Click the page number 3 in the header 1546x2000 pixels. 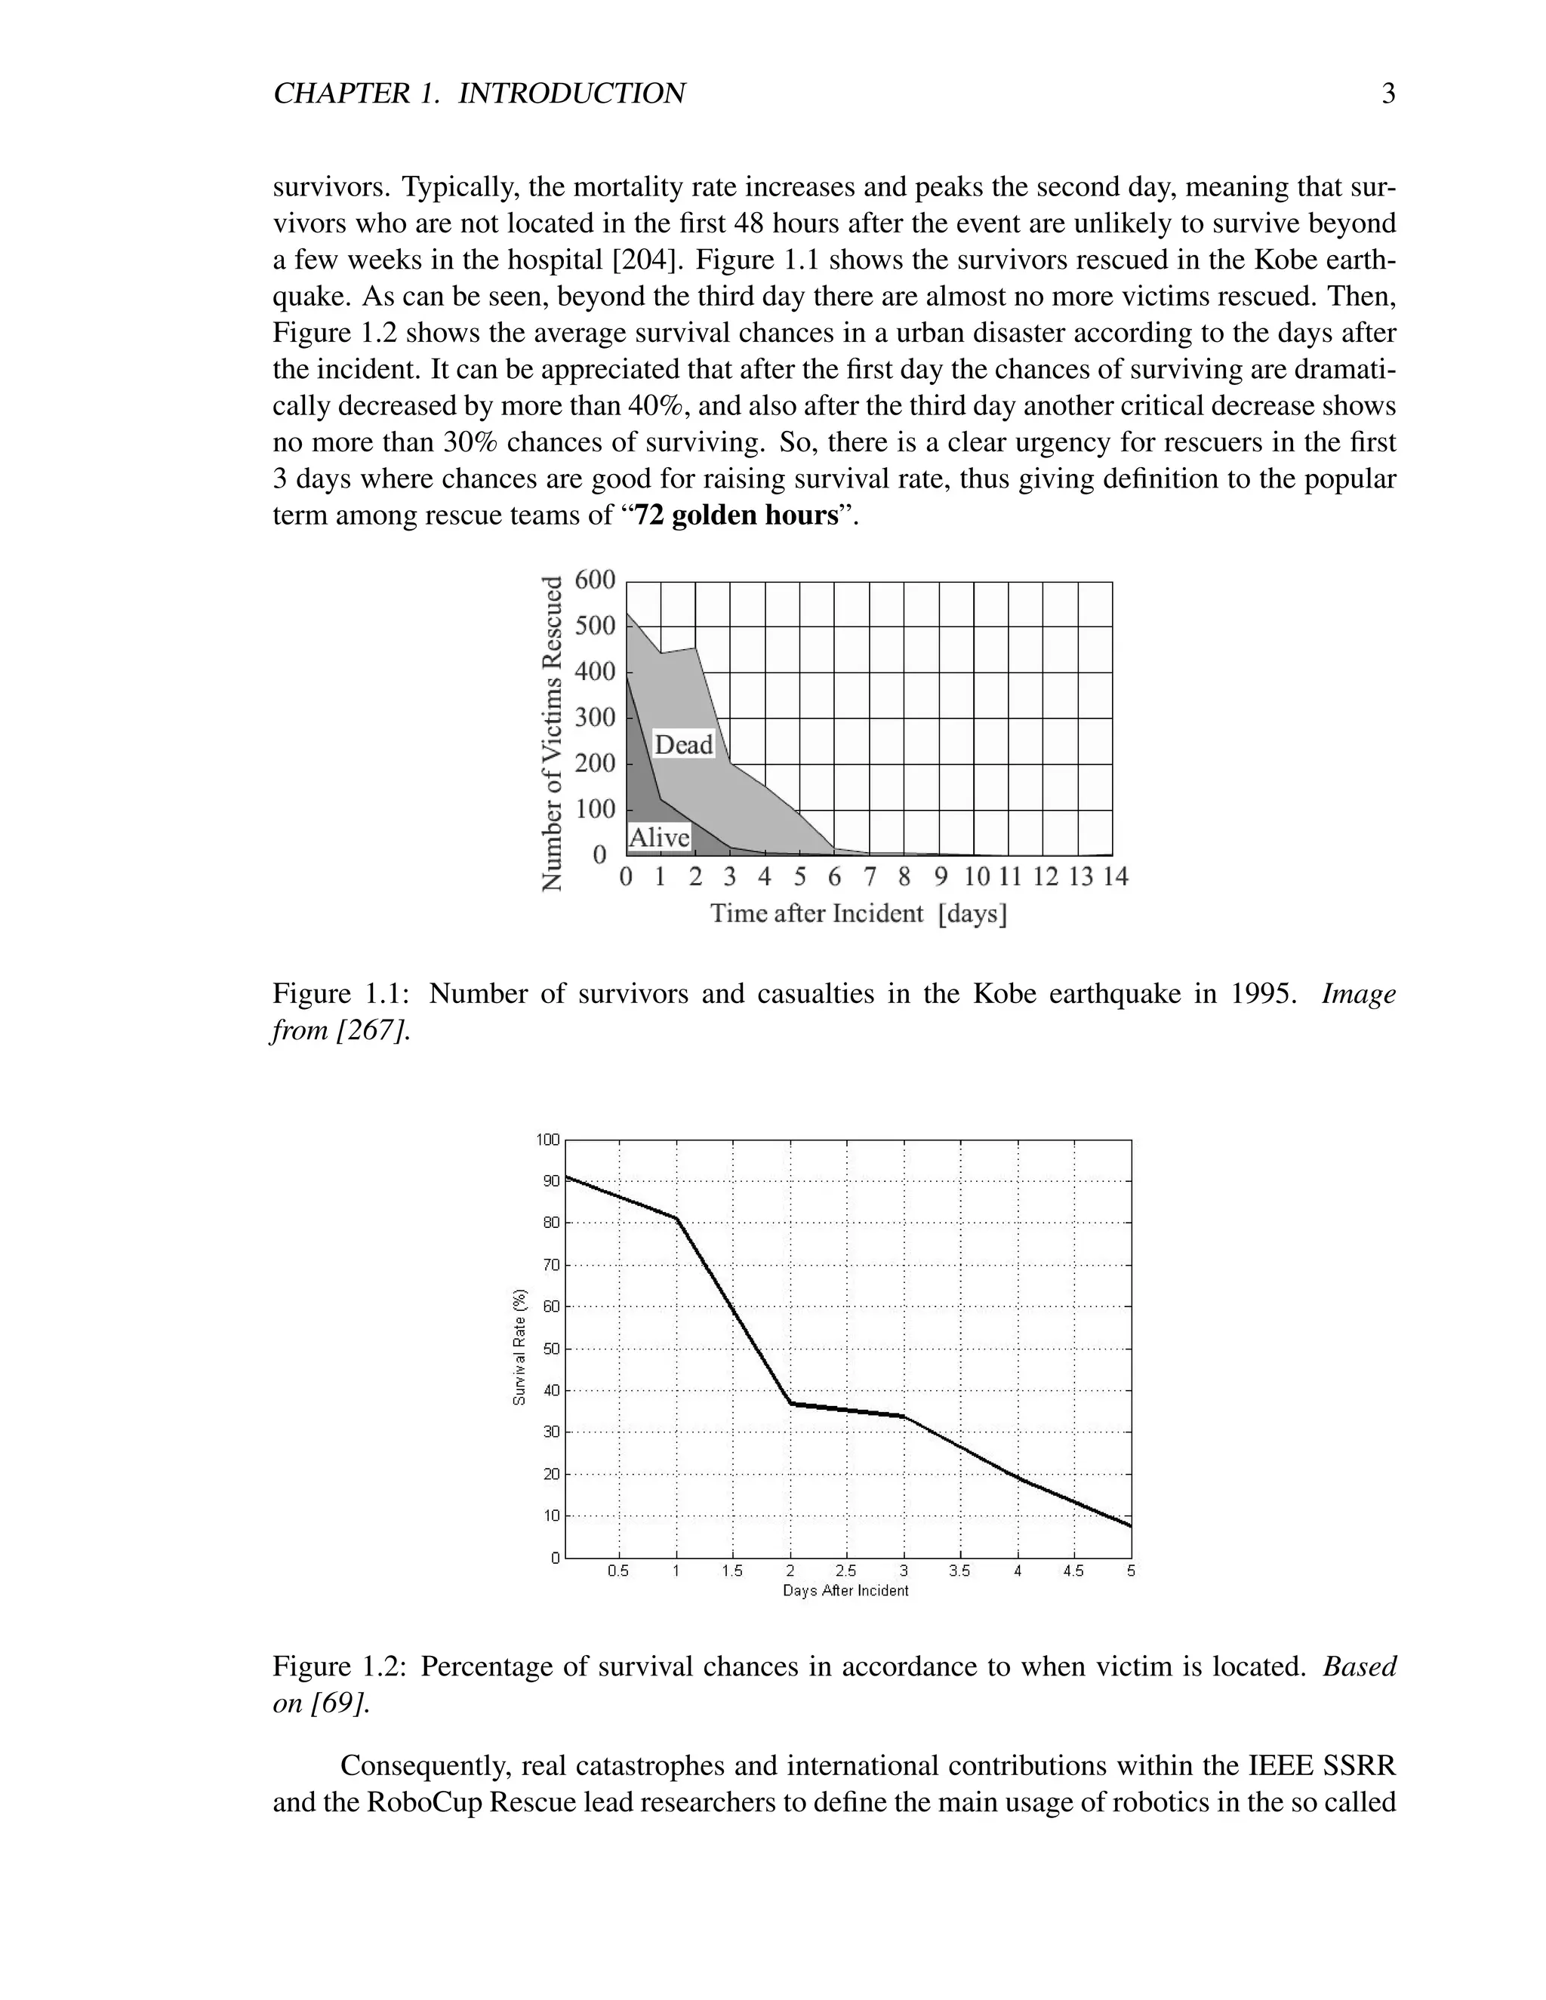click(x=1388, y=94)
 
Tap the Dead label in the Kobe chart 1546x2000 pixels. click(x=683, y=744)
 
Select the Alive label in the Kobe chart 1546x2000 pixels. click(x=658, y=838)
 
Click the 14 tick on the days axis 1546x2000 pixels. click(x=1115, y=877)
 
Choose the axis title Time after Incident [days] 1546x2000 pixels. click(x=858, y=914)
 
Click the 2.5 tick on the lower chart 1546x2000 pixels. click(x=846, y=1571)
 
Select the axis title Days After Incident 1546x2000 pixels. click(x=845, y=1591)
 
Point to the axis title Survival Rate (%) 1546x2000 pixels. click(x=519, y=1347)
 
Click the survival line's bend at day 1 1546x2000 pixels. click(x=677, y=1219)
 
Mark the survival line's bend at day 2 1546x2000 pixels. click(x=790, y=1403)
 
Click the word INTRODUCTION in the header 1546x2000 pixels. click(x=571, y=94)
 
